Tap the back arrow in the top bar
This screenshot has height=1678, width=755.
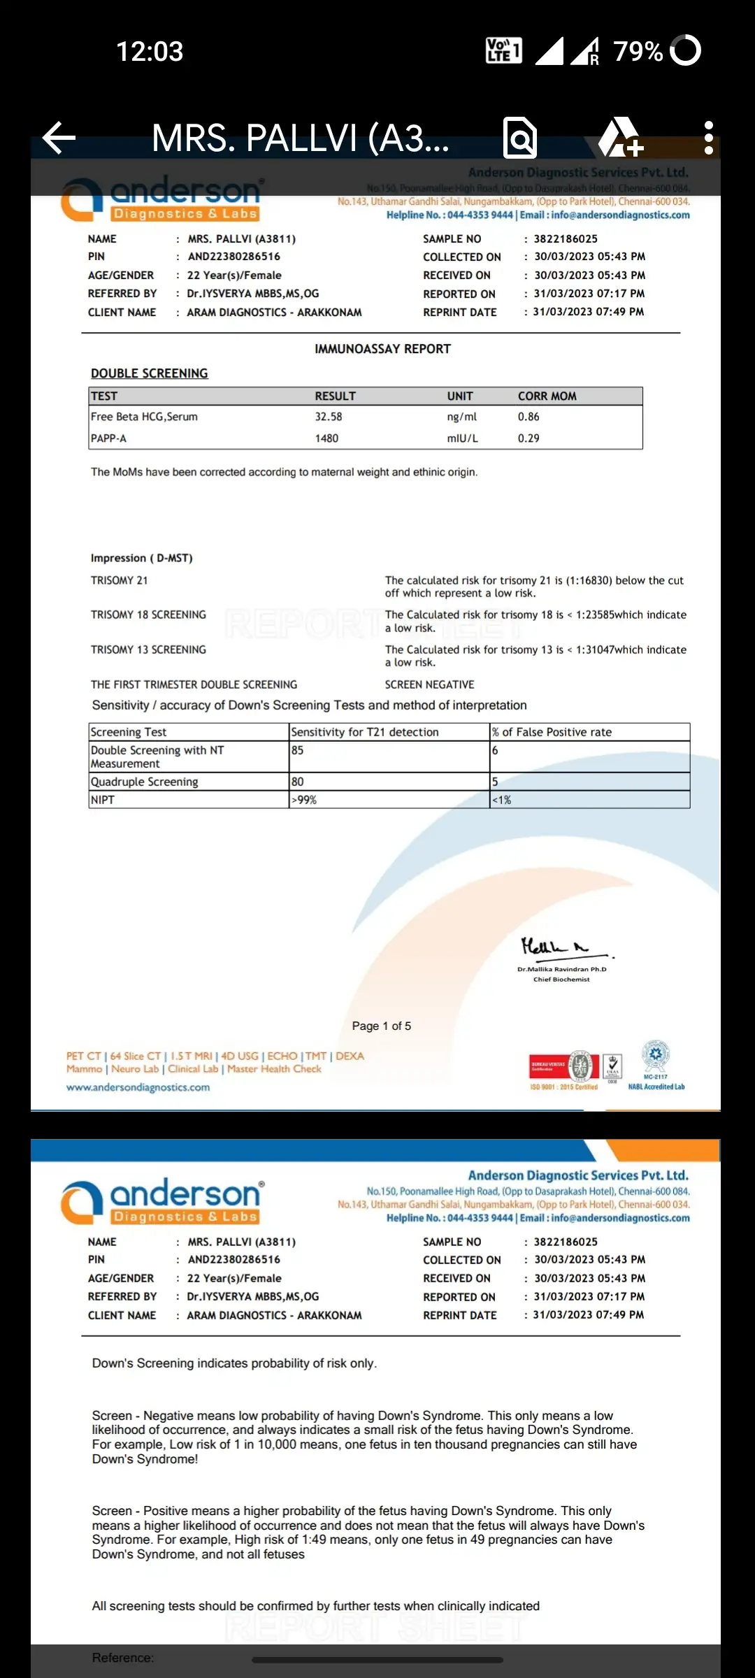pyautogui.click(x=59, y=138)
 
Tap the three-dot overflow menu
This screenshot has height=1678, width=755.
pyautogui.click(x=708, y=138)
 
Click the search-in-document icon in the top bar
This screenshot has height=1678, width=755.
pyautogui.click(x=520, y=138)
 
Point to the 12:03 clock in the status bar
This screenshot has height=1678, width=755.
pyautogui.click(x=150, y=52)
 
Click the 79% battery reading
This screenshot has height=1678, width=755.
pyautogui.click(x=638, y=52)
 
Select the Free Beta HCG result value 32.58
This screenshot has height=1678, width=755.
pyautogui.click(x=329, y=417)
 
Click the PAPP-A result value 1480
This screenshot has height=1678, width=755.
pyautogui.click(x=326, y=438)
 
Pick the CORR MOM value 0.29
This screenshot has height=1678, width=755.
pyautogui.click(x=528, y=438)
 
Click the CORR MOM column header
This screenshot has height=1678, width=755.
pyautogui.click(x=547, y=396)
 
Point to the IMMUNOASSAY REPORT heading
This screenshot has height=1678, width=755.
pyautogui.click(x=382, y=349)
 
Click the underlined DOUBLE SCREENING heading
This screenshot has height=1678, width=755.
pyautogui.click(x=150, y=373)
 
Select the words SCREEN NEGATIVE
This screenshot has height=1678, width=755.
pyautogui.click(x=429, y=684)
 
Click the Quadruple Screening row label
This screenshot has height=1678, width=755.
pyautogui.click(x=145, y=782)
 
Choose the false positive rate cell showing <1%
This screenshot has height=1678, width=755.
pyautogui.click(x=501, y=800)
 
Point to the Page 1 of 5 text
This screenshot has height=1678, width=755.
pyautogui.click(x=382, y=1026)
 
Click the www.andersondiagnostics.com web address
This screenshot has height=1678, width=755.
pyautogui.click(x=138, y=1087)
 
